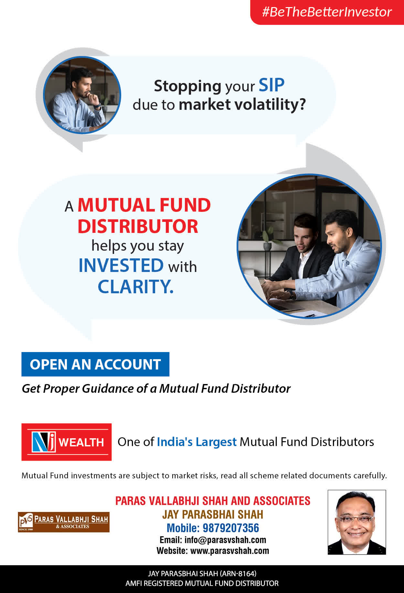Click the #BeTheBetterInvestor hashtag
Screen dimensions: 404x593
click(x=327, y=12)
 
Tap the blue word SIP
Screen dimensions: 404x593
click(x=271, y=85)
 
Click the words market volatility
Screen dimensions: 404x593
click(x=242, y=105)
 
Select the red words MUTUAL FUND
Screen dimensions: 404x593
click(x=144, y=205)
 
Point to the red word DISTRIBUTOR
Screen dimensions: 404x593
click(x=138, y=226)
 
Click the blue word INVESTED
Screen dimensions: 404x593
click(x=121, y=265)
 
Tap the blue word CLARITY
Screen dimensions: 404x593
click(x=136, y=286)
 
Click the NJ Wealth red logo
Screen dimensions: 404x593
click(x=67, y=442)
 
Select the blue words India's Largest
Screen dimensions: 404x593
click(x=197, y=442)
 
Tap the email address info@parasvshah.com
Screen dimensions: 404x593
click(x=225, y=540)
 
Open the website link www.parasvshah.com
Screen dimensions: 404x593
click(x=230, y=551)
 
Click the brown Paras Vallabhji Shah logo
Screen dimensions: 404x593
click(x=64, y=522)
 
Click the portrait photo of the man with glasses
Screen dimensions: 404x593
click(x=357, y=522)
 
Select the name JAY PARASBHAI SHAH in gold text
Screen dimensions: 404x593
click(x=213, y=514)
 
